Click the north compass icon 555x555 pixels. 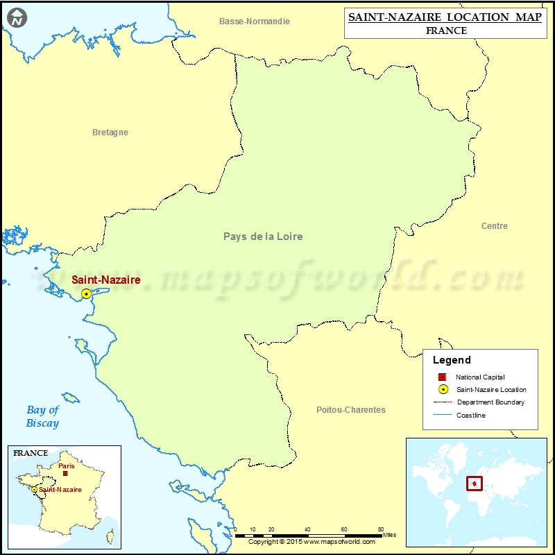point(17,17)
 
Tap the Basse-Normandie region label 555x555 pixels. point(255,22)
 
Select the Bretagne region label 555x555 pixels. point(110,133)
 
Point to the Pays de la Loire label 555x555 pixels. point(263,237)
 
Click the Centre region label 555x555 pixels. point(494,226)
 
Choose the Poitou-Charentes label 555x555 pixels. point(350,410)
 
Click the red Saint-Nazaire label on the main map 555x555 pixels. point(106,280)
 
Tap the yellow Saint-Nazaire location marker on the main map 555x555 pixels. point(86,294)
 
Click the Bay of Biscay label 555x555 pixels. point(42,416)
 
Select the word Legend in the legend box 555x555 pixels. point(452,360)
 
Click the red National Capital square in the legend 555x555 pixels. point(442,377)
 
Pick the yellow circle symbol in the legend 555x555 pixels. point(442,389)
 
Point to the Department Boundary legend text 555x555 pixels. point(490,402)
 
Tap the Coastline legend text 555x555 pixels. point(471,415)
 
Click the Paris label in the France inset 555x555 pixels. point(67,466)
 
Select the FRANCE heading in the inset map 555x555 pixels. point(30,453)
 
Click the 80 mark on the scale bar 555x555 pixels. point(380,529)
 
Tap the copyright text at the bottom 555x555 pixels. point(311,542)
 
